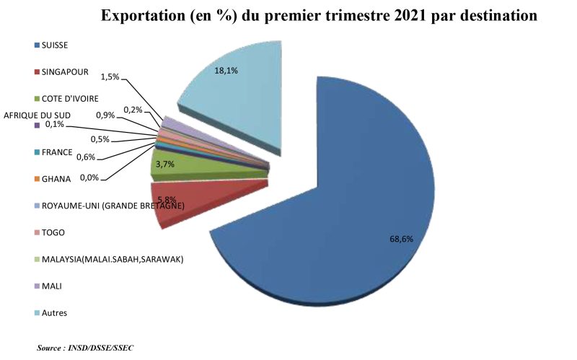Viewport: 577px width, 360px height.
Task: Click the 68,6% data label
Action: click(x=401, y=239)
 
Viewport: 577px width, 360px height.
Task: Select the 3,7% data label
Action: click(x=165, y=164)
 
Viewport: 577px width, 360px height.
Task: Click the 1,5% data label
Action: click(x=110, y=76)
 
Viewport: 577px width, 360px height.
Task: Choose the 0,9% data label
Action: click(x=105, y=115)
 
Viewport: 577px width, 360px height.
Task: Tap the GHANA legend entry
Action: click(x=57, y=179)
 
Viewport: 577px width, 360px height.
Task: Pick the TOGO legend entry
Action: click(x=55, y=232)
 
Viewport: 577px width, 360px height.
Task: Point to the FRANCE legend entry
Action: click(x=57, y=152)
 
